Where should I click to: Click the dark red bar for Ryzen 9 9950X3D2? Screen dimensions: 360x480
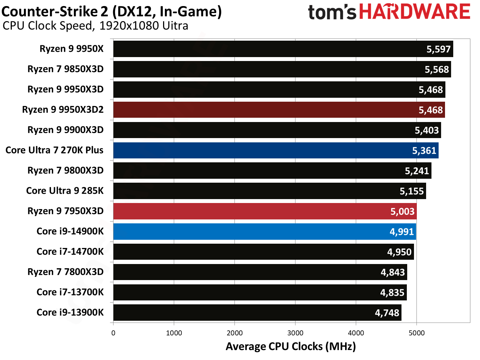click(x=278, y=110)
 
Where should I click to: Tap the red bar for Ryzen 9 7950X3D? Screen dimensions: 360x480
click(x=264, y=211)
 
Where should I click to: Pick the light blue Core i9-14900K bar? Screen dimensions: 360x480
click(x=264, y=232)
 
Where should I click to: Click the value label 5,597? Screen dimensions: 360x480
click(x=439, y=49)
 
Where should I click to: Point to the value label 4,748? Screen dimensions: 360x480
click(x=387, y=313)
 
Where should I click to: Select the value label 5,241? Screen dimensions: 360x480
click(x=417, y=171)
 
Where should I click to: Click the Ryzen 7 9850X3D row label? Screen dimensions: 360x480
click(x=65, y=69)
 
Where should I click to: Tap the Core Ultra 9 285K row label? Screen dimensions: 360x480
click(x=65, y=191)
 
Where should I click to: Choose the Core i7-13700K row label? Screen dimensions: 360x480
click(x=70, y=292)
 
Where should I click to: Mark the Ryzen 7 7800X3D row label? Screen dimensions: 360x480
click(x=65, y=272)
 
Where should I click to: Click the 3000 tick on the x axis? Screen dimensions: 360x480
click(x=295, y=333)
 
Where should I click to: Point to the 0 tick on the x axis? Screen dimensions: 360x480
click(x=113, y=333)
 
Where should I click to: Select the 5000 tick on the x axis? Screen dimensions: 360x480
click(x=416, y=333)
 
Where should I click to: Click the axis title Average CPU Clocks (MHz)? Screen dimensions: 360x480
click(x=290, y=346)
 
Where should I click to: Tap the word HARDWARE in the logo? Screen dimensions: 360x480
click(x=414, y=12)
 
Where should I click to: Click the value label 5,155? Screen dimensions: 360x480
click(x=411, y=191)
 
